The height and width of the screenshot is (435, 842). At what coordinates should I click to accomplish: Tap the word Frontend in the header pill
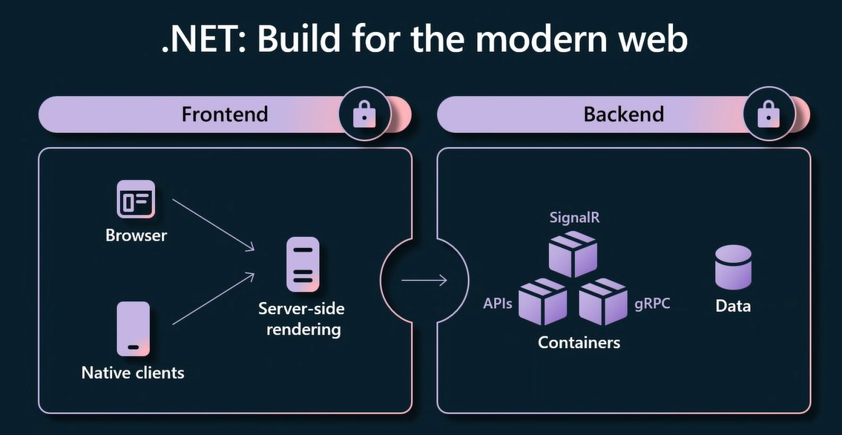coord(225,114)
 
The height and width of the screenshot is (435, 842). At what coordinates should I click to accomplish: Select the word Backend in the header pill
coord(623,114)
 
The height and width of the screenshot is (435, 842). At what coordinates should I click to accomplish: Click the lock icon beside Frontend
coord(364,114)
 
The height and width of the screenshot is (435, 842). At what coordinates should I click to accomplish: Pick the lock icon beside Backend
coord(769,114)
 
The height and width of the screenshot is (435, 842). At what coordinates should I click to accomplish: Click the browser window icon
coord(136,199)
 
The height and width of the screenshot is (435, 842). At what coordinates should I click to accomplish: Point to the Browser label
coord(137,235)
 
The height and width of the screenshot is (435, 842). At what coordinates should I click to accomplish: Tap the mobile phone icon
coord(134,329)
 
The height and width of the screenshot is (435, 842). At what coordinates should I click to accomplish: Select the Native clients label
coord(133,373)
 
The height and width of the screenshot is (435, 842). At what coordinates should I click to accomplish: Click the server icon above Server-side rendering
coord(303,265)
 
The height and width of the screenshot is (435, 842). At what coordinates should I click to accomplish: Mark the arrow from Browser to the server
coord(213,224)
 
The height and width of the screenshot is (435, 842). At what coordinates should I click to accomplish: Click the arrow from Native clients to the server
coord(213,298)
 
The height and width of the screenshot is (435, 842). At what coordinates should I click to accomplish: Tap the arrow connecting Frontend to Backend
coord(424,280)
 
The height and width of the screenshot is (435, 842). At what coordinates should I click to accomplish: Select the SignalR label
coord(575,218)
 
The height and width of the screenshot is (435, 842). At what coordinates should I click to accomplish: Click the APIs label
coord(498,304)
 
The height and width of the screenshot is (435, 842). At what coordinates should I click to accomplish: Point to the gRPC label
coord(652,304)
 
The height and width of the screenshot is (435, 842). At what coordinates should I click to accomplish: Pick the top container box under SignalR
coord(573,254)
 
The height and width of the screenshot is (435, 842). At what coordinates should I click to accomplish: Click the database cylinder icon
coord(733,267)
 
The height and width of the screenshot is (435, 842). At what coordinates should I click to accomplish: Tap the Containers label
coord(579,342)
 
